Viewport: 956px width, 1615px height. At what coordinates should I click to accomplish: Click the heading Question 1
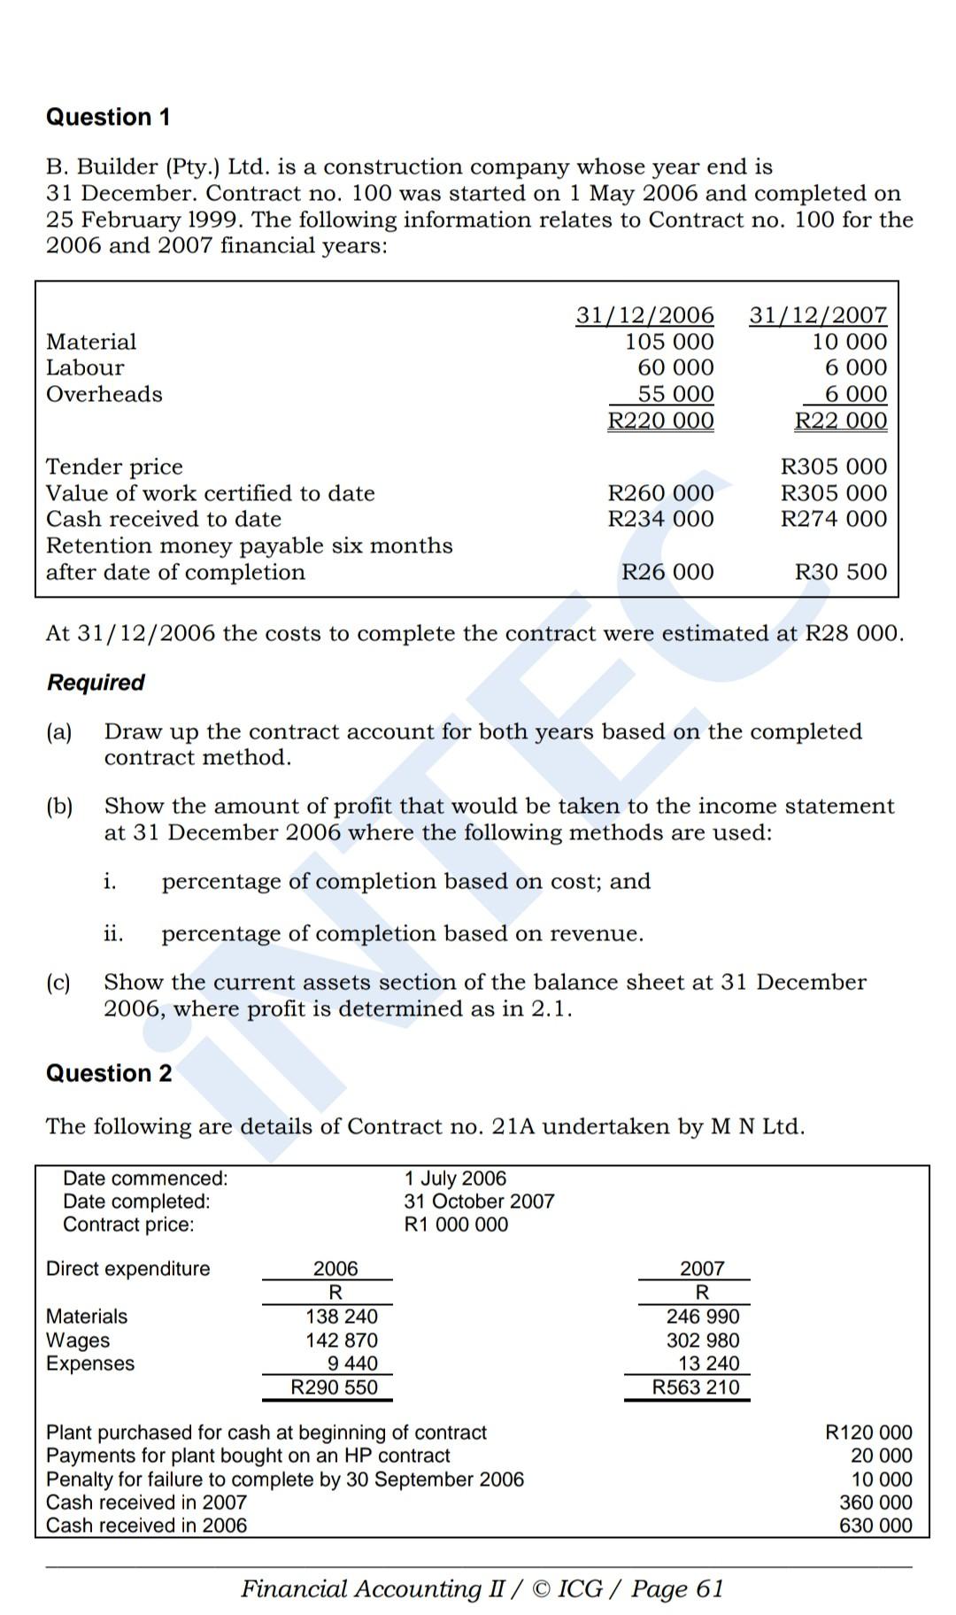[108, 117]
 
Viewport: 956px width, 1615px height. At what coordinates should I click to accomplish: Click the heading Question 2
[109, 1073]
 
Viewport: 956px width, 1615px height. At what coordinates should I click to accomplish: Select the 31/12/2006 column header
[644, 315]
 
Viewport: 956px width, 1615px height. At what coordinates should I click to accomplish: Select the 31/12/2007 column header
[818, 315]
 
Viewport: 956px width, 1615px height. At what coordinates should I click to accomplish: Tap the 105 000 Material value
[669, 342]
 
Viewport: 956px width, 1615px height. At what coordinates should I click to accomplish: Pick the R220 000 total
[660, 421]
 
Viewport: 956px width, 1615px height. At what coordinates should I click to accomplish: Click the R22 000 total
[841, 421]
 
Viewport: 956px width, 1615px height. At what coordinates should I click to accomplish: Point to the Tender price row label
[114, 467]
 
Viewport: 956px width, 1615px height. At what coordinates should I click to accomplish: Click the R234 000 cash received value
[660, 519]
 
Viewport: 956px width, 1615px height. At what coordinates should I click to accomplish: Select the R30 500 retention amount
[841, 572]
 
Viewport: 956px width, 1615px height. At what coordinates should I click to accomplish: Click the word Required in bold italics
[96, 683]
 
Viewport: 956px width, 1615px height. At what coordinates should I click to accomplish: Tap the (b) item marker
[59, 807]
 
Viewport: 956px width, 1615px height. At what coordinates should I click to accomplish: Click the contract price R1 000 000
[456, 1225]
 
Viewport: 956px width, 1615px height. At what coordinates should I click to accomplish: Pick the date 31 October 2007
[479, 1202]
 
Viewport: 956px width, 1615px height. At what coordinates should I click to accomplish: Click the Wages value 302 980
[703, 1341]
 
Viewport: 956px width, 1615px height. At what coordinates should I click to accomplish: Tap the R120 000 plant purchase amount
[868, 1433]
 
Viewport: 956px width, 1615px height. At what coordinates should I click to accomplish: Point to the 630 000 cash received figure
[875, 1526]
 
